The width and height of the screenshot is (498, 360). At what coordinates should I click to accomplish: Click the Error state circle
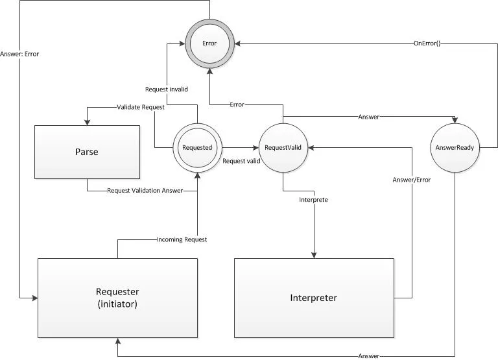210,43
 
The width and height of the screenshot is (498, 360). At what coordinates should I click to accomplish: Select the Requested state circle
197,148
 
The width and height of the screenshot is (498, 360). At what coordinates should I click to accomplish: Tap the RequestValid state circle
283,148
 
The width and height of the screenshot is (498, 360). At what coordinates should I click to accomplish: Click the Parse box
88,152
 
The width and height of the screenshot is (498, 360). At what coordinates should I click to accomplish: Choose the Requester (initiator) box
117,297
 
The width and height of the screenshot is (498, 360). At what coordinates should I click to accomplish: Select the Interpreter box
314,298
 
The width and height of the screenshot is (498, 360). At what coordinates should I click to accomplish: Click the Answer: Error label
20,54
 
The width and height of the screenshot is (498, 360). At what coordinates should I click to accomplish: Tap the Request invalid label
166,89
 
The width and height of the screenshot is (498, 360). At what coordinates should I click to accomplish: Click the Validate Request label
140,106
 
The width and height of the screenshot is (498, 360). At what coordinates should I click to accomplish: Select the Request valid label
241,160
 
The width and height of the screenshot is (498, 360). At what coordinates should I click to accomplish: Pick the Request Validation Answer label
145,191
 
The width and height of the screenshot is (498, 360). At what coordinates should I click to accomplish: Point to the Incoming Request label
182,239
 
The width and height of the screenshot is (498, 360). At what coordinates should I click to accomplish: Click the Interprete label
313,200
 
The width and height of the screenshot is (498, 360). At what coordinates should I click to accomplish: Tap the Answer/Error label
412,180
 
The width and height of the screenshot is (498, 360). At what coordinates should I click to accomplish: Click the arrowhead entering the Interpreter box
314,255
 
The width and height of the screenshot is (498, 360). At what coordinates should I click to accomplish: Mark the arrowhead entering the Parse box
88,123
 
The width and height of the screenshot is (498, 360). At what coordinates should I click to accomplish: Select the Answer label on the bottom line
368,356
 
